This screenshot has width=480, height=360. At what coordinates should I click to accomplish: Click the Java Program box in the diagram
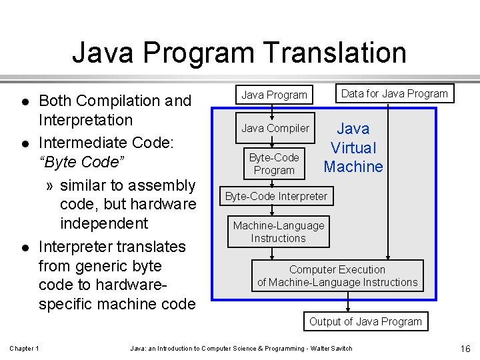pyautogui.click(x=274, y=95)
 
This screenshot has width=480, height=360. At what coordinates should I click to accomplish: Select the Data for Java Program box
pyautogui.click(x=394, y=93)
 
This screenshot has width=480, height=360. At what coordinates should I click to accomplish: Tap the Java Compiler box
pyautogui.click(x=275, y=128)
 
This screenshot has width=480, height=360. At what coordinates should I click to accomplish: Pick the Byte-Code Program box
pyautogui.click(x=274, y=164)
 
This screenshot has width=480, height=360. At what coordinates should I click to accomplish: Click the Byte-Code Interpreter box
pyautogui.click(x=276, y=196)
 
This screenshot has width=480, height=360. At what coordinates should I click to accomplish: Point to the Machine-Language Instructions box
pyautogui.click(x=278, y=232)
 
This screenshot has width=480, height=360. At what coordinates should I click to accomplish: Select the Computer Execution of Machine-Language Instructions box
pyautogui.click(x=337, y=276)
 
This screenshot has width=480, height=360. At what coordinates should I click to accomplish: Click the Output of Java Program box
pyautogui.click(x=365, y=321)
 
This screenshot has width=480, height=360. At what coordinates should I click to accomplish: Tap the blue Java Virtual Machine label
pyautogui.click(x=353, y=148)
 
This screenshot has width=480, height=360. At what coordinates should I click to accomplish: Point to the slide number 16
pyautogui.click(x=465, y=349)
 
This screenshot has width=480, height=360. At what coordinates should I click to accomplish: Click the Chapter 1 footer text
pyautogui.click(x=24, y=349)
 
